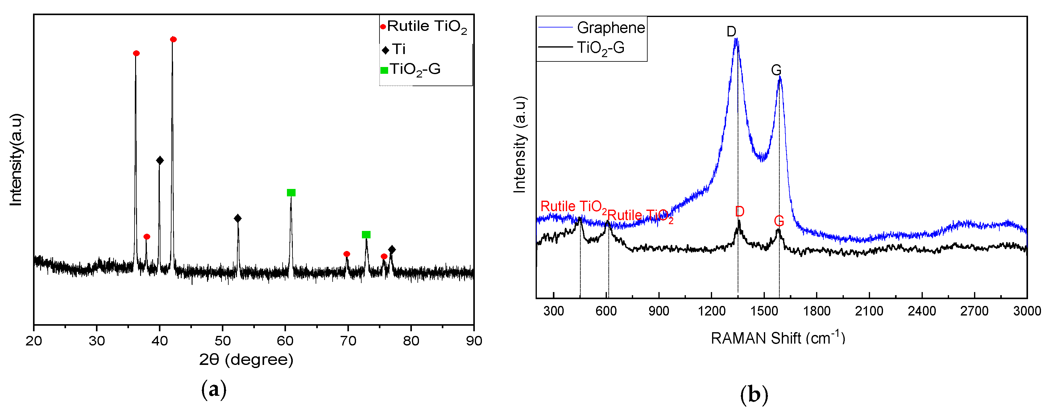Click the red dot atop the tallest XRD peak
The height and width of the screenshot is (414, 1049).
pos(173,39)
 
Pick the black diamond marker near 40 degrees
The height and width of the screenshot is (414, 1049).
pos(160,160)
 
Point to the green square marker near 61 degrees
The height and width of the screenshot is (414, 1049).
pos(291,192)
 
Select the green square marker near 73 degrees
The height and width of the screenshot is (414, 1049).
pos(366,234)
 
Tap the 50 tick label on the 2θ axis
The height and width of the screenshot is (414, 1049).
pos(222,341)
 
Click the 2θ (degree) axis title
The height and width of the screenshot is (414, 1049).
pos(246,359)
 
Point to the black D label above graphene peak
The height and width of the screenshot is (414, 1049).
pos(731,31)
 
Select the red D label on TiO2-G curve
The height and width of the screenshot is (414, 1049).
pos(740,211)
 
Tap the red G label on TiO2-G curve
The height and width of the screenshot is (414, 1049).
pos(779,221)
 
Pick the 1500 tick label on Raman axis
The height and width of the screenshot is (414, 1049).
pos(764,311)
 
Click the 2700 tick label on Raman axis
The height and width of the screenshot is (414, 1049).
pos(974,311)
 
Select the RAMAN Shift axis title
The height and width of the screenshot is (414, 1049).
pos(778,338)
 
